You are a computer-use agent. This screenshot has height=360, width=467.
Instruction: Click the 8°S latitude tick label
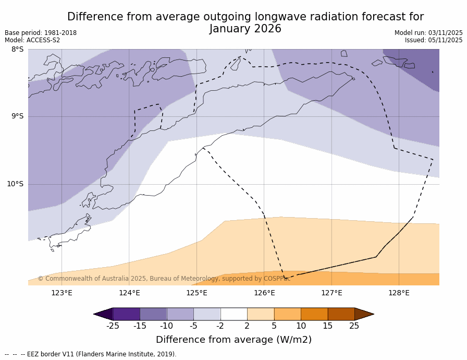[18, 50]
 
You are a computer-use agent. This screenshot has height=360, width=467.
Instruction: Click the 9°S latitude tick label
[18, 116]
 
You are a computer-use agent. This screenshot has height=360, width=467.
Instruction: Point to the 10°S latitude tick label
[16, 184]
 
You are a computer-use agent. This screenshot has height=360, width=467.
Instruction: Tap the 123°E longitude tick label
[62, 293]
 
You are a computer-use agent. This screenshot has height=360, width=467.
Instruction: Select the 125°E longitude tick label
[196, 293]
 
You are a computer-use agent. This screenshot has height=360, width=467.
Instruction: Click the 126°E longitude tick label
[264, 293]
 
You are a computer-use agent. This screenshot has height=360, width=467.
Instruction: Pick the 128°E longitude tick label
[399, 293]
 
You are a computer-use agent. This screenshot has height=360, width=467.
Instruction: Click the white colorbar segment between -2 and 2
[233, 314]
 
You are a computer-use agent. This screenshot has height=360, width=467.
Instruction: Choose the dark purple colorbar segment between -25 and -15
[126, 314]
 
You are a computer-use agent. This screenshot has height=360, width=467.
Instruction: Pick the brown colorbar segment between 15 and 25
[341, 314]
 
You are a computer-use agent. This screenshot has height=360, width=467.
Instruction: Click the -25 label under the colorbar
[113, 326]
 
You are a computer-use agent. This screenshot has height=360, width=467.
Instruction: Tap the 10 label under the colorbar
[301, 326]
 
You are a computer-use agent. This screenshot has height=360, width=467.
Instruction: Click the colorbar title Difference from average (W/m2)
[233, 340]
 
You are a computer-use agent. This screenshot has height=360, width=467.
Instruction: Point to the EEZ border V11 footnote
[99, 354]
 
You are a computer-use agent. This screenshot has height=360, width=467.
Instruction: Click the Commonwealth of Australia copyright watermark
[164, 279]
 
